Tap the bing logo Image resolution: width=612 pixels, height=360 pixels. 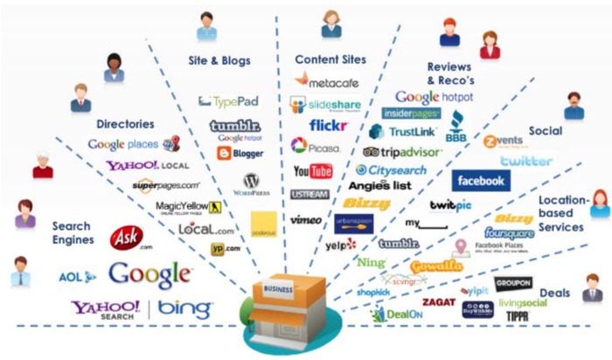click(184, 308)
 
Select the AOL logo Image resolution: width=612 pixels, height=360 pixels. click(77, 277)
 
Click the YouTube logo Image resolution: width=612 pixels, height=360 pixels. click(312, 170)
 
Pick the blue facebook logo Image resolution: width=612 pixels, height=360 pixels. click(481, 181)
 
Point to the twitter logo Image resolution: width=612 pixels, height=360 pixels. click(526, 161)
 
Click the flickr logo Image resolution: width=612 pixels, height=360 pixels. click(327, 126)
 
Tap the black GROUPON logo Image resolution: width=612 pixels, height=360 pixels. click(512, 283)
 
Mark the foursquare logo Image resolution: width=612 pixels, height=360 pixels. click(510, 233)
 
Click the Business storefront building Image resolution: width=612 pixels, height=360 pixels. click(283, 307)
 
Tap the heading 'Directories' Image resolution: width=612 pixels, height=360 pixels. click(126, 124)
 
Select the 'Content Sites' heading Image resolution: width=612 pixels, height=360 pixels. click(328, 59)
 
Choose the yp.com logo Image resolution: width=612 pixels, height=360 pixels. click(225, 249)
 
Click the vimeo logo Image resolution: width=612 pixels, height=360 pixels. click(305, 219)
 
